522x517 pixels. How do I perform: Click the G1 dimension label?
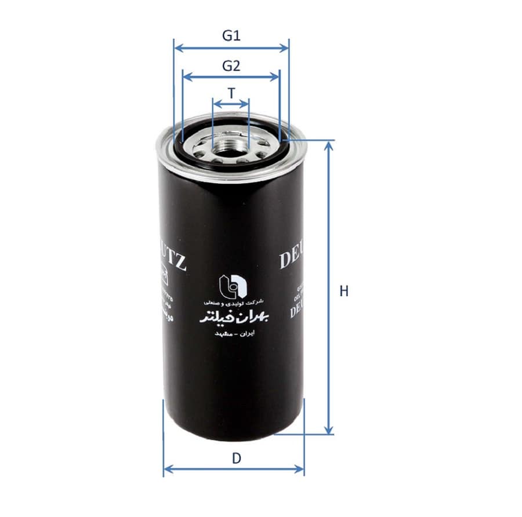click(231, 35)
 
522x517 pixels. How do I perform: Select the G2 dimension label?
click(231, 65)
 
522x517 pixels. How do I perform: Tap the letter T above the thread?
click(231, 93)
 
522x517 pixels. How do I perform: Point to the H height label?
click(344, 291)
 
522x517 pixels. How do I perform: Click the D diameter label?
click(236, 458)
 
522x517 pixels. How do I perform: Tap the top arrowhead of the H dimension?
click(329, 145)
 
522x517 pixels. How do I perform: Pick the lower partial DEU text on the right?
click(296, 312)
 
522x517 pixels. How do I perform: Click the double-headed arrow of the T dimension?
click(231, 104)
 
